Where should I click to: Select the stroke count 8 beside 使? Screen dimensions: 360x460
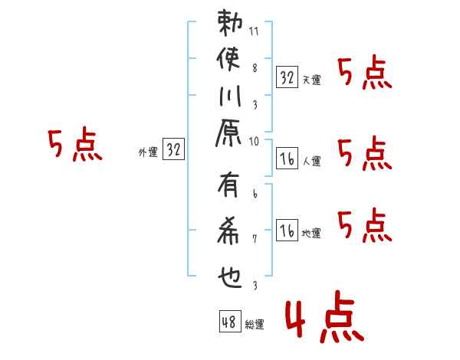[x=255, y=67]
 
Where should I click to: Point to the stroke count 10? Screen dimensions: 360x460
[x=255, y=141]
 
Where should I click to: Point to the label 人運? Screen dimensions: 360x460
[x=311, y=162]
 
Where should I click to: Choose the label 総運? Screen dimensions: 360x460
[x=255, y=325]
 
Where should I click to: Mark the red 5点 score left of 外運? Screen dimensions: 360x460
[x=74, y=146]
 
